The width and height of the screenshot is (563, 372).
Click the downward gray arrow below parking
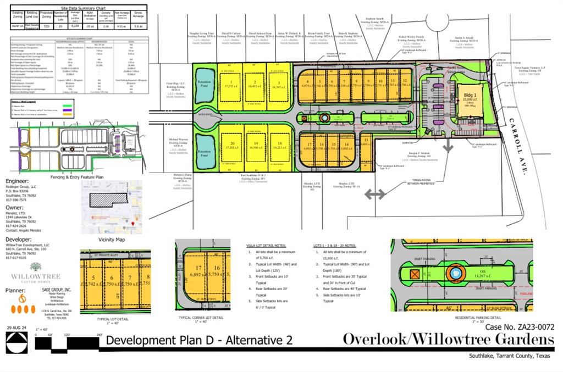449,145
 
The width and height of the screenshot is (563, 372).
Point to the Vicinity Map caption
112,240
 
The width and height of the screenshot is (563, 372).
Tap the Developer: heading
19,240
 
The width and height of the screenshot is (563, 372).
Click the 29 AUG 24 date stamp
17,328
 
